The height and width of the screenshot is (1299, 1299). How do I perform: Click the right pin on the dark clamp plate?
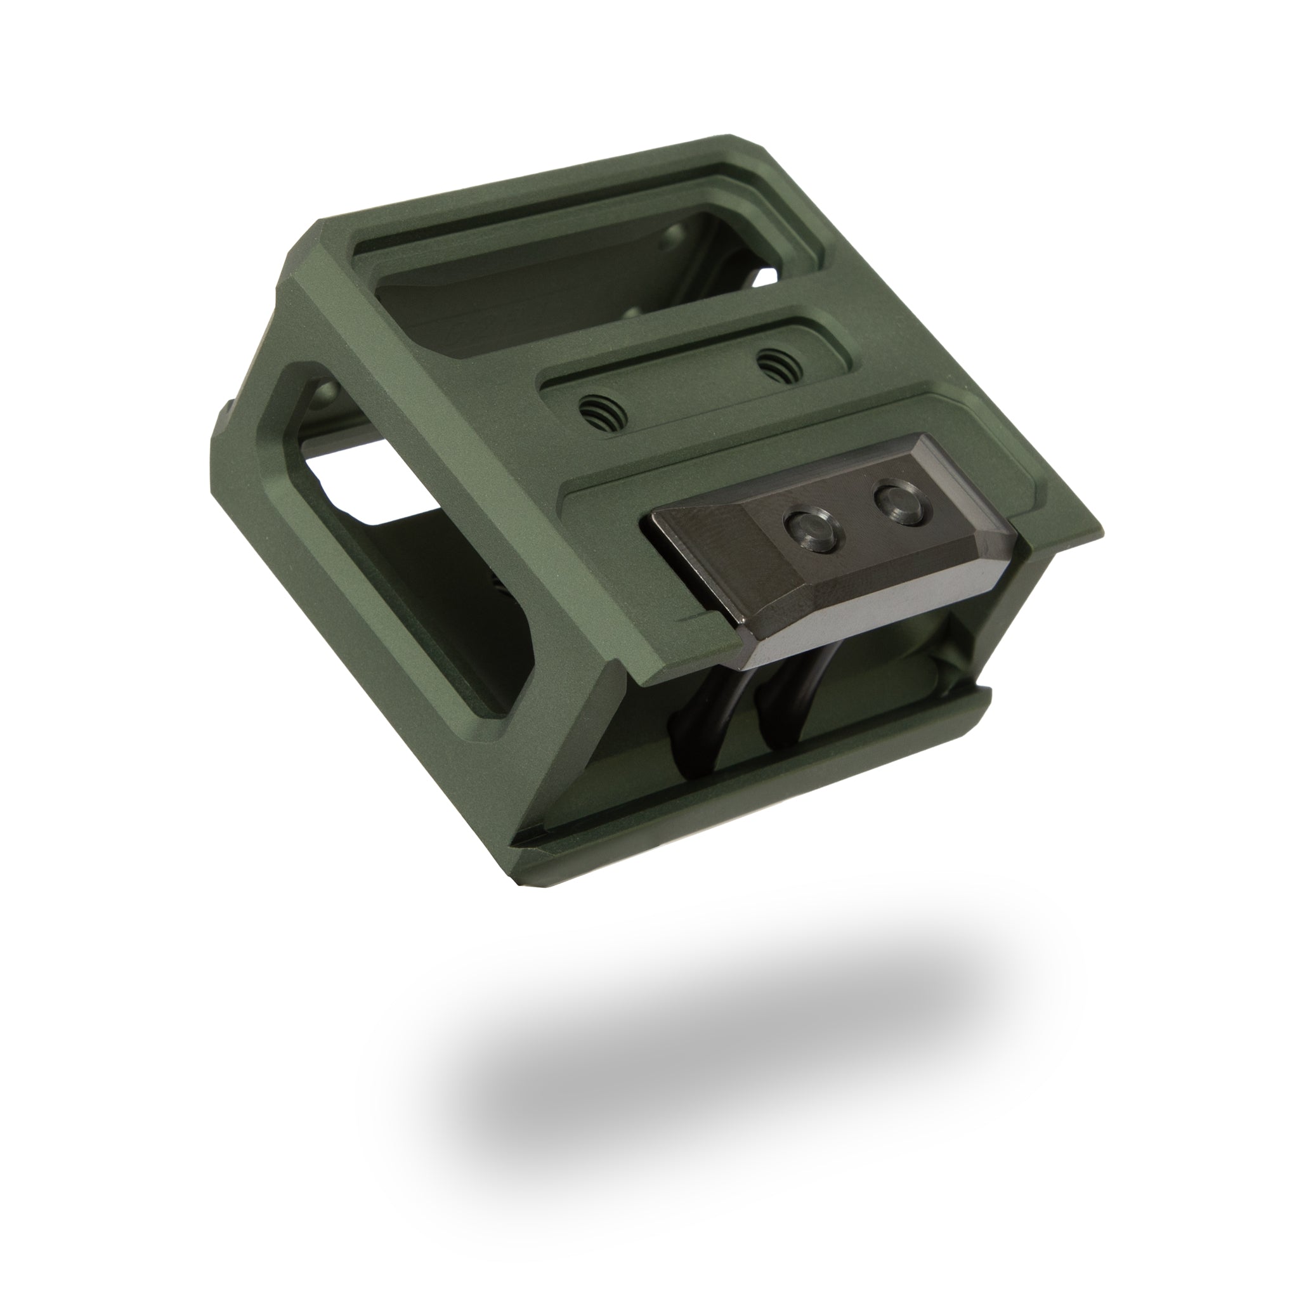pos(895,500)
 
